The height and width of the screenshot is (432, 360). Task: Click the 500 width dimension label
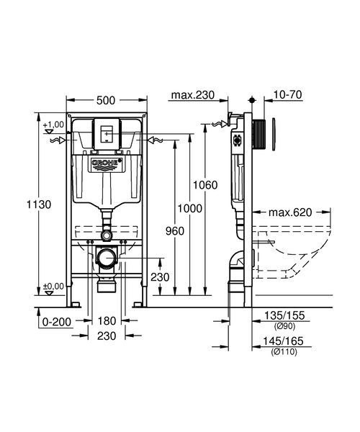click(106, 101)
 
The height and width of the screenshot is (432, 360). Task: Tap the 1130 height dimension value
click(39, 204)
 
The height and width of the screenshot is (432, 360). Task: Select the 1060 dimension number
click(205, 185)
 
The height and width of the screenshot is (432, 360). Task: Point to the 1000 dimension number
click(189, 209)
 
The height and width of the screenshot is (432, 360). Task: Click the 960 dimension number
click(175, 231)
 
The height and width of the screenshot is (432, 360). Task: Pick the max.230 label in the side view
click(192, 95)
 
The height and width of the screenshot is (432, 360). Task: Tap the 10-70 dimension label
click(287, 95)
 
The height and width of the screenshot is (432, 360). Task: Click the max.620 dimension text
click(290, 212)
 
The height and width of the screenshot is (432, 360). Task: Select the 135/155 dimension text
click(284, 315)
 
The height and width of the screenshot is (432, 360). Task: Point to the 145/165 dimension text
click(283, 341)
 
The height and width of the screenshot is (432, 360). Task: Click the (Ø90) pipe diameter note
click(284, 326)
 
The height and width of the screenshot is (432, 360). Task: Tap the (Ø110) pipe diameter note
click(284, 352)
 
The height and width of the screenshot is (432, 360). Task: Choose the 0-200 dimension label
click(57, 322)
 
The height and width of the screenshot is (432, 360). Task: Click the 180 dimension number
click(107, 320)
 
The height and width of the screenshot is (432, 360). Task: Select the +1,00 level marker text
click(53, 125)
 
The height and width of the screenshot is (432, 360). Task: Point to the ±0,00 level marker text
click(53, 287)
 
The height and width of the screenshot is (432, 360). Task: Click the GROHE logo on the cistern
click(106, 163)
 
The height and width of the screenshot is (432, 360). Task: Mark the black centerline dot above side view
click(252, 100)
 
